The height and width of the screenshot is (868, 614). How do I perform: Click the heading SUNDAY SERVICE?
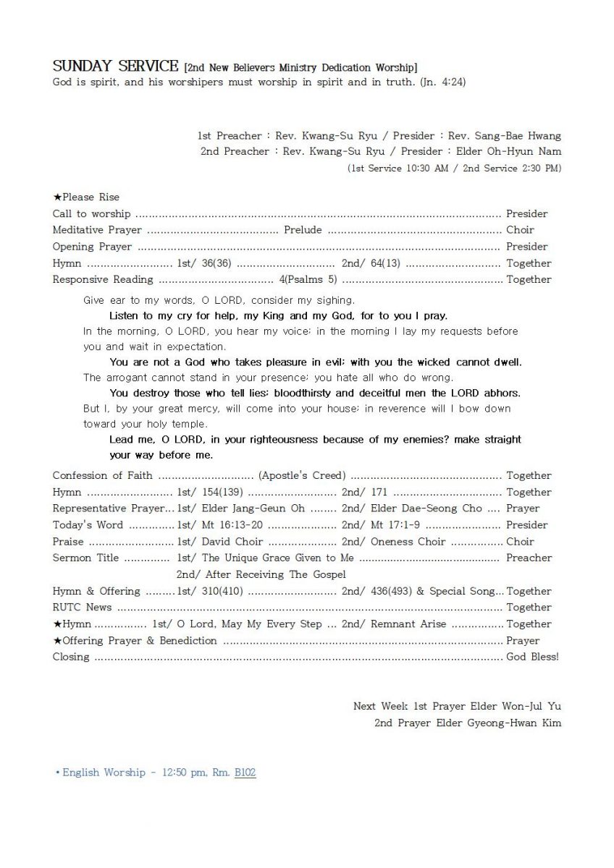[x=115, y=67]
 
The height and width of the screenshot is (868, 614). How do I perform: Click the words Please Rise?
[x=91, y=197]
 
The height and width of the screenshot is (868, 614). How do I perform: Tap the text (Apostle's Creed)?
[x=302, y=476]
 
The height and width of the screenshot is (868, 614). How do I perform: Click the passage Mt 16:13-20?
[x=233, y=525]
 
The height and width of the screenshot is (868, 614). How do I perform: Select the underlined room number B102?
[x=245, y=773]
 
